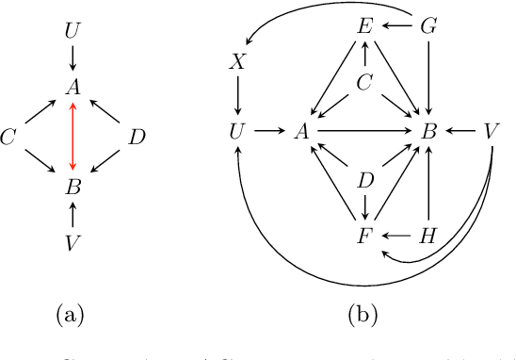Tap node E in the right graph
tap(364, 25)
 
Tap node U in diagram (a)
tap(73, 31)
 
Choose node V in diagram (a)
tap(73, 244)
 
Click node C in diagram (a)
tap(9, 138)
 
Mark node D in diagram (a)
tap(137, 138)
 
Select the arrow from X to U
tap(237, 96)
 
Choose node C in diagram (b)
tap(364, 83)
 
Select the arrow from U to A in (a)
tap(73, 59)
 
